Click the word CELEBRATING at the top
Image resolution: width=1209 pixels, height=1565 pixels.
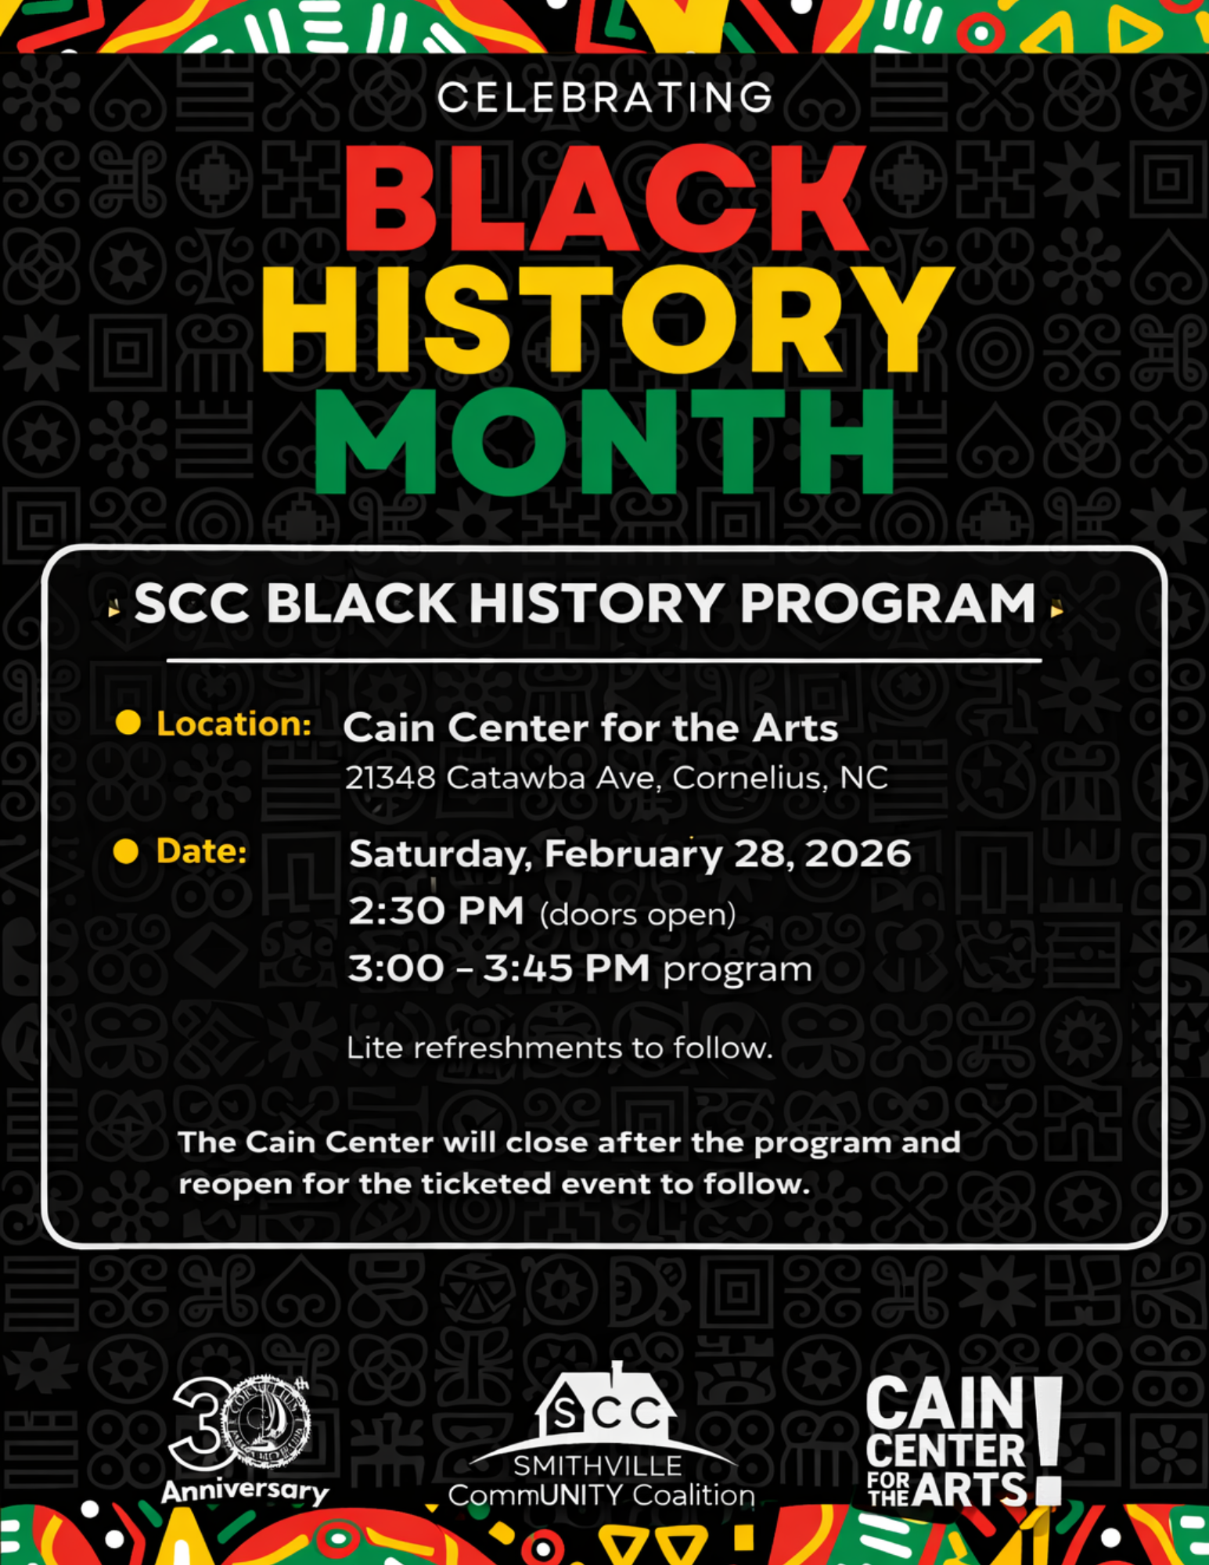click(604, 98)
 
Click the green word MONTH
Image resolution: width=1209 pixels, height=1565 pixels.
click(604, 441)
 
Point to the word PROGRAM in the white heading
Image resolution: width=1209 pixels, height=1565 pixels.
click(887, 603)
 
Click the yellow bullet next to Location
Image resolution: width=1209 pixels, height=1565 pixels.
click(128, 722)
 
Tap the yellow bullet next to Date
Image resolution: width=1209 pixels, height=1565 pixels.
click(126, 851)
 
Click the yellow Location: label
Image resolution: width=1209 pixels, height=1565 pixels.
click(234, 724)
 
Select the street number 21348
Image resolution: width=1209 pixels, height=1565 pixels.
click(390, 778)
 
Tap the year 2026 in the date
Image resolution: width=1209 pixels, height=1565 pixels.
click(858, 853)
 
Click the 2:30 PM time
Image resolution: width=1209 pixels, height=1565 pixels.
click(436, 911)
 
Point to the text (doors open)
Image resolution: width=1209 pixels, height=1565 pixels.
click(638, 914)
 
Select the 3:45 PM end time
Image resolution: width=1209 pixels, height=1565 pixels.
click(566, 969)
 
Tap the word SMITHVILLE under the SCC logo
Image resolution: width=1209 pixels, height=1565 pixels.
click(597, 1466)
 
